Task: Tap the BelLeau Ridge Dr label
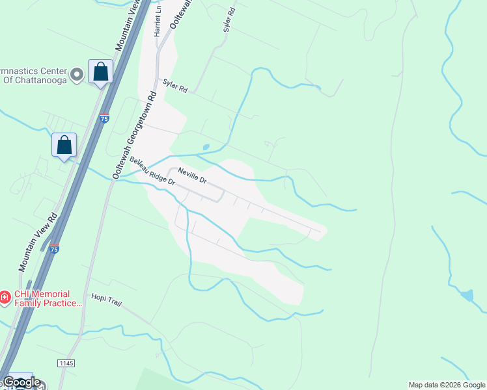pos(152,171)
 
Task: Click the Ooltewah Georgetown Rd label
pos(135,135)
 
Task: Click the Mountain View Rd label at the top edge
pos(128,26)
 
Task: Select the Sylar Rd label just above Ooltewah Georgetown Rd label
pos(175,86)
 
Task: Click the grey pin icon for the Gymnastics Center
pos(77,74)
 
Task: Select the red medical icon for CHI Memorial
pos(4,297)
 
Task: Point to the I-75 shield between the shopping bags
pos(104,118)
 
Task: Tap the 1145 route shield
pos(66,363)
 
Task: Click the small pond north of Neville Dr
pos(206,147)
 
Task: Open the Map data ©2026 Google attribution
pos(447,385)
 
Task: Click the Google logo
pos(21,382)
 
